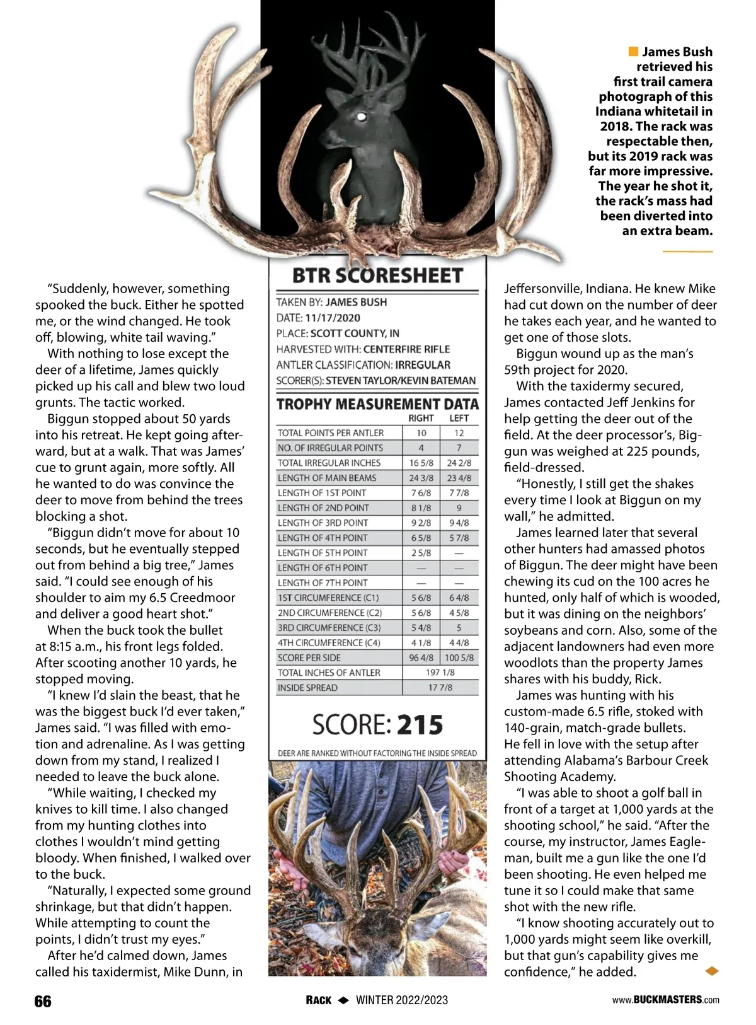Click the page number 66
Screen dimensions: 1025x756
(x=43, y=1001)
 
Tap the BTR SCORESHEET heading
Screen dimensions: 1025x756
(x=377, y=275)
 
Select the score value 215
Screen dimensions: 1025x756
(x=420, y=724)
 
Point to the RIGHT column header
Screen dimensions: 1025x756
(x=421, y=418)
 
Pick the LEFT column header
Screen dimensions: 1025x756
(x=459, y=418)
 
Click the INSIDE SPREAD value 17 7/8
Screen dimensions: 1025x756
(x=440, y=688)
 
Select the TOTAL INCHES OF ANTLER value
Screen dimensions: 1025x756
(x=440, y=673)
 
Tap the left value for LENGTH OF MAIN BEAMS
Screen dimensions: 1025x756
(x=459, y=478)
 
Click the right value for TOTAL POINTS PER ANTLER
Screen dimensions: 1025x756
(x=421, y=433)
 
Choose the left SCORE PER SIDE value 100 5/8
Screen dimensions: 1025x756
(x=459, y=657)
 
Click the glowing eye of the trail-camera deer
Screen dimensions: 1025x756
(x=362, y=116)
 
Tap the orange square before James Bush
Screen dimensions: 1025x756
(x=633, y=51)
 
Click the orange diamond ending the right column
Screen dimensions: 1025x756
(x=711, y=971)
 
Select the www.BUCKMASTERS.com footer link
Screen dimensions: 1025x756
(x=666, y=1000)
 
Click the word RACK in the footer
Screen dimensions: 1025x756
(x=319, y=1000)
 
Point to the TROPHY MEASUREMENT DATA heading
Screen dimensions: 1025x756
(x=377, y=404)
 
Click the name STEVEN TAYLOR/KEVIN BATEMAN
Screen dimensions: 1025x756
(x=401, y=380)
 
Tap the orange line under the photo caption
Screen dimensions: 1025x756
(x=687, y=252)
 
